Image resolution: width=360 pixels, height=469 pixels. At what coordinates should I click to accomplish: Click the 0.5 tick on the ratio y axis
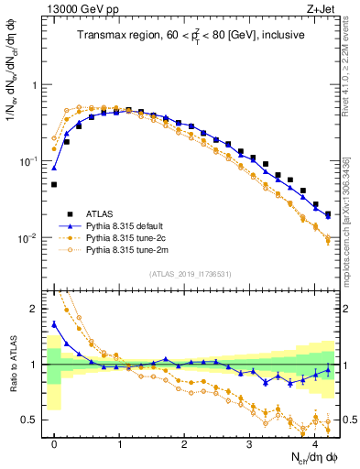click(x=34, y=420)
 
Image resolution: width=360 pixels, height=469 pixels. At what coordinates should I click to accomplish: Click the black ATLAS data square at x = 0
click(x=54, y=184)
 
